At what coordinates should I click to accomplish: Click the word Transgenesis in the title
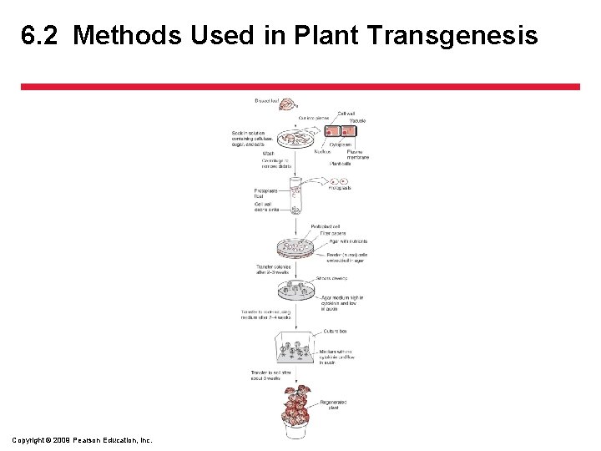click(x=467, y=36)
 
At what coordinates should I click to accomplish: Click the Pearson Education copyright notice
click(x=83, y=440)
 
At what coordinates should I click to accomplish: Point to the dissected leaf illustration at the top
click(x=288, y=104)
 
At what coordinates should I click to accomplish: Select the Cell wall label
click(x=346, y=114)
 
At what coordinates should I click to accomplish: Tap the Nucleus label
click(x=321, y=151)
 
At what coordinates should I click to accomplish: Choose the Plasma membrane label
click(x=357, y=155)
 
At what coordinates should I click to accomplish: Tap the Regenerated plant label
click(x=333, y=405)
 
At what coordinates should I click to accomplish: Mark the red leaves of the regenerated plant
click(x=295, y=401)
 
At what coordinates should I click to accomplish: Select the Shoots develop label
click(x=333, y=278)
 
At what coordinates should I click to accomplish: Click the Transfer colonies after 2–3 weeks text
click(x=274, y=270)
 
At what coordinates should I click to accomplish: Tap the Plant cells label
click(x=340, y=164)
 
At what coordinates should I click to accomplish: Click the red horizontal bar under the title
click(x=300, y=86)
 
